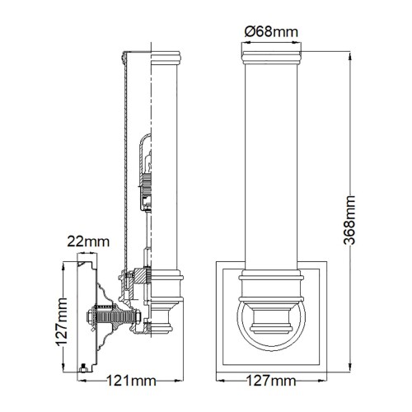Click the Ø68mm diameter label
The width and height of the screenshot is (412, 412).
click(x=270, y=31)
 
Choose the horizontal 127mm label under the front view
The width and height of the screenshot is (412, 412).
click(x=272, y=382)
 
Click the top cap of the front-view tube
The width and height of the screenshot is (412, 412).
click(x=270, y=56)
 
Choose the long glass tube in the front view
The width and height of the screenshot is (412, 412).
click(x=270, y=165)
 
